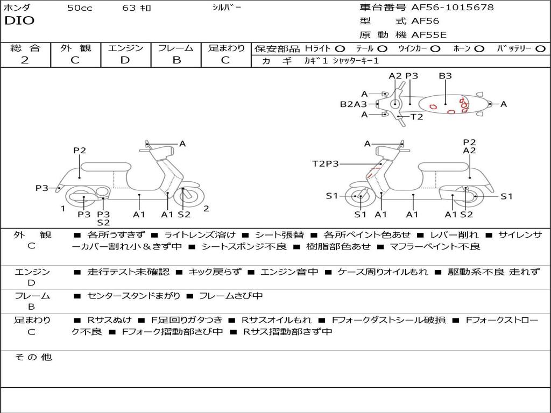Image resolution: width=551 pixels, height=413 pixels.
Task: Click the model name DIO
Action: pos(19,21)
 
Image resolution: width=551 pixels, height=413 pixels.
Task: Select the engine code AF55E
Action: pos(428,35)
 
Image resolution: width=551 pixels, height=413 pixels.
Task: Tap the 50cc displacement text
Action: pos(80,8)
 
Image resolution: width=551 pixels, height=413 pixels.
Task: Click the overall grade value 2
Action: pos(25,60)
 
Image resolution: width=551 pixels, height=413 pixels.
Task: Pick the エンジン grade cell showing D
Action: pos(125,60)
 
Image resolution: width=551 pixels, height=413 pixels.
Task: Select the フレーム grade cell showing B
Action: pos(176,60)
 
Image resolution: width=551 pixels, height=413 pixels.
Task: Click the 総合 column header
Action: pos(25,48)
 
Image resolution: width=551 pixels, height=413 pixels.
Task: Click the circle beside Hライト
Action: pos(340,49)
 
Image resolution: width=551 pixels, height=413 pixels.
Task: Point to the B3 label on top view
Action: pos(445,76)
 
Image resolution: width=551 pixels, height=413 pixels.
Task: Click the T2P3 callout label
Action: pos(326,163)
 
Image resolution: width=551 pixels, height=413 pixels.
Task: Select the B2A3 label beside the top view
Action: pos(353,104)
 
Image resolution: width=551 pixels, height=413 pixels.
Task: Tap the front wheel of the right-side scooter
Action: pos(360,197)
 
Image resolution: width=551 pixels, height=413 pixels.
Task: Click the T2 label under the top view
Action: pos(417,117)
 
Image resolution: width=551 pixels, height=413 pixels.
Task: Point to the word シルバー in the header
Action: pos(227,8)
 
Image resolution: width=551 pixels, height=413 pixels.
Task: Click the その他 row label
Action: pos(33,357)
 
